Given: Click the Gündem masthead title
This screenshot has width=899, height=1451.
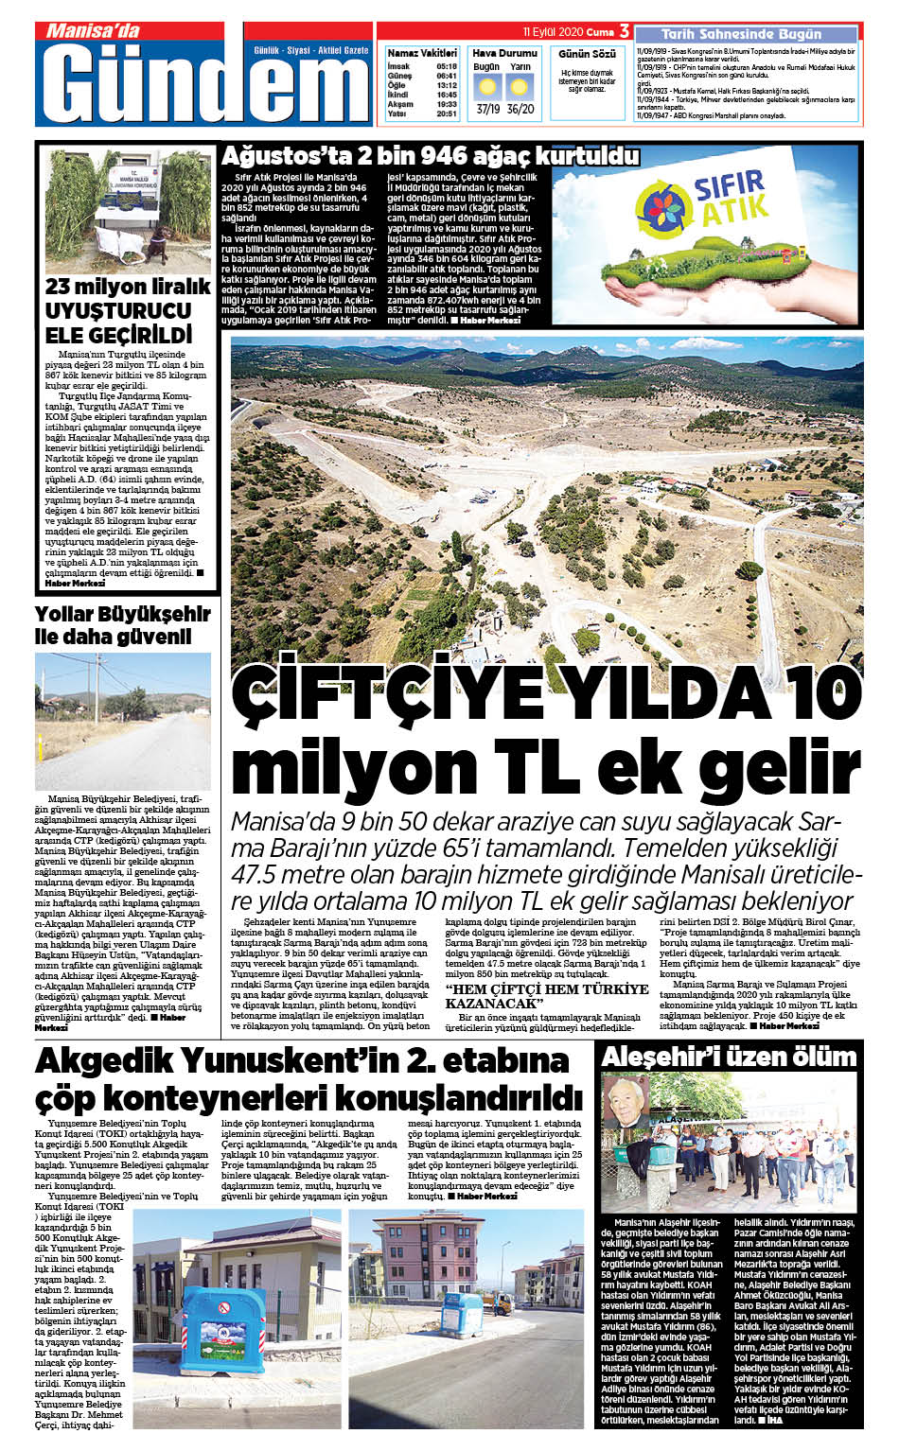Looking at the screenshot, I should click(203, 85).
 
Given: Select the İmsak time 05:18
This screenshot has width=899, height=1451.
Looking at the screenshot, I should click(447, 67).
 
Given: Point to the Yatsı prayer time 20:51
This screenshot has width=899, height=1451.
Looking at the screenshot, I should click(447, 114).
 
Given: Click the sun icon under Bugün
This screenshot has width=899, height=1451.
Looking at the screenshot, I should click(487, 88).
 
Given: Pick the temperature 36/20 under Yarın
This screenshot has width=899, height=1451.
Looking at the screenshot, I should click(520, 109).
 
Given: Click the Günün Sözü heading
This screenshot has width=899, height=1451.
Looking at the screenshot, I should click(587, 54).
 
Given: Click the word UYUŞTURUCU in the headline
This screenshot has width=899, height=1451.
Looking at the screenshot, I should click(118, 310).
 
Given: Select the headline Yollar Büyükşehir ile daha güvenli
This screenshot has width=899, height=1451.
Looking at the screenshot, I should click(122, 625).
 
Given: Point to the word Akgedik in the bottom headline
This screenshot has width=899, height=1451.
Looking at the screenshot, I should click(104, 1062).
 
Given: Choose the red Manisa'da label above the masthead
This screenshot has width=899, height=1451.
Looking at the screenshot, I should click(92, 31).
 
